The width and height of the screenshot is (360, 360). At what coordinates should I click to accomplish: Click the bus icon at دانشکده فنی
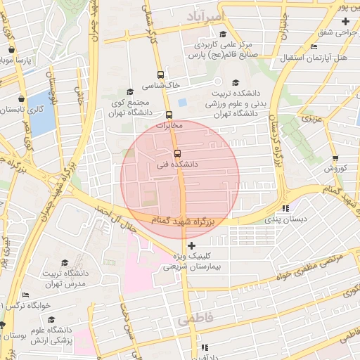tap(176, 153)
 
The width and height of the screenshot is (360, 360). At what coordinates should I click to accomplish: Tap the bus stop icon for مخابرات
tap(169, 115)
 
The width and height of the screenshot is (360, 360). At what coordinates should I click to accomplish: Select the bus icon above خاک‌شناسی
tap(161, 75)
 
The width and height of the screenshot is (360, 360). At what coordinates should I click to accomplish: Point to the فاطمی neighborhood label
tap(194, 319)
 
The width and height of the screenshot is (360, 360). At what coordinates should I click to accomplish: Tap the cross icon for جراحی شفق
tap(345, 22)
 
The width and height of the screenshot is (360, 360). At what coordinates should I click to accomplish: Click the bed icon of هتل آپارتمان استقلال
tap(313, 47)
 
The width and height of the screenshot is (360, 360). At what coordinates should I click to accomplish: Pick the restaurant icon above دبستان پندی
tap(285, 209)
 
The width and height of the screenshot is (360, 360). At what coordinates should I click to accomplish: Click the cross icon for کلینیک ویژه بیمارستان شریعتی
tap(192, 245)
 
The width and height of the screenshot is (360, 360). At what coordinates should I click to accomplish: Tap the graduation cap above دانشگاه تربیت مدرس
tap(65, 263)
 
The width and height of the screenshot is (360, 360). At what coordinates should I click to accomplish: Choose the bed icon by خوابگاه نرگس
tap(26, 295)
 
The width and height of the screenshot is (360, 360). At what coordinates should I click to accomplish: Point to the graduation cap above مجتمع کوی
tap(129, 91)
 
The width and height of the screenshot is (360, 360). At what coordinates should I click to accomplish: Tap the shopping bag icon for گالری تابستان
tap(22, 99)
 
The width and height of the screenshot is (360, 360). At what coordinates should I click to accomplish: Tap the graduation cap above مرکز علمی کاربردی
tap(223, 34)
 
